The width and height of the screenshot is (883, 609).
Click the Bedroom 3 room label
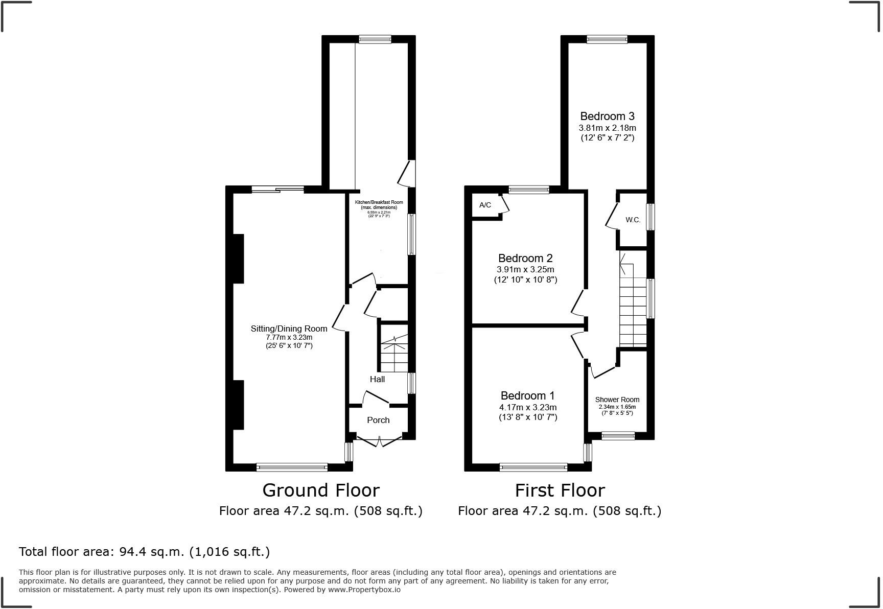coord(607,116)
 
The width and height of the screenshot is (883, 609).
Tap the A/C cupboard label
coord(485,205)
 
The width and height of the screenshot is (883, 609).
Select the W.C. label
coord(633,220)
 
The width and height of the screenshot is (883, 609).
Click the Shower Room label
coord(617,400)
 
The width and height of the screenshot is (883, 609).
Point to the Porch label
coord(378,420)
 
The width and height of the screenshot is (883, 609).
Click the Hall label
coord(377,379)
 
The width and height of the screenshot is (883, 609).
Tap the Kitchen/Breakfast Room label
coord(379,202)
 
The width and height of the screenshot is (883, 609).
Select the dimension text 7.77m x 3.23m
coord(289,337)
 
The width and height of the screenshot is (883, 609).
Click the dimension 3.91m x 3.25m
coord(525,269)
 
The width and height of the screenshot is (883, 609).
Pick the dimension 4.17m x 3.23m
coord(527,407)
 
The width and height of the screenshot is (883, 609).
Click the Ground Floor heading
coord(321,490)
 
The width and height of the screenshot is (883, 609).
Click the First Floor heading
coord(560,490)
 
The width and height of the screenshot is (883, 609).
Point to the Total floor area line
coord(144,552)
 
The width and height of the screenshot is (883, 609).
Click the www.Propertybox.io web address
coord(364,590)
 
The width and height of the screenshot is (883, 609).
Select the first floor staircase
coord(633,307)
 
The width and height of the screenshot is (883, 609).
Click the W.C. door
coord(611,216)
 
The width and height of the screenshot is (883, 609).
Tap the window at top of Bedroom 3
coord(607,39)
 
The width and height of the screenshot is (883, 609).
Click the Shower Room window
coord(618,436)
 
